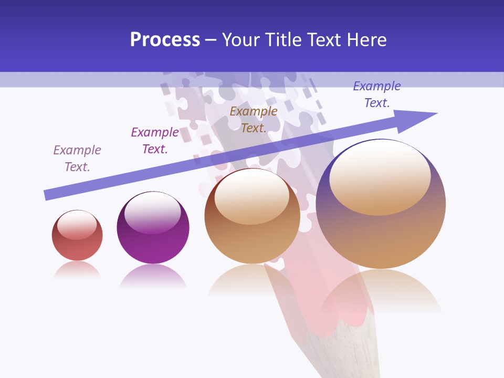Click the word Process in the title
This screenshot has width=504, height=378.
point(165,40)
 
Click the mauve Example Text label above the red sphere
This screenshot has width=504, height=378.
point(77,159)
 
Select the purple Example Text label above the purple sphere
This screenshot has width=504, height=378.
point(154,141)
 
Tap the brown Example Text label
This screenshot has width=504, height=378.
point(254,119)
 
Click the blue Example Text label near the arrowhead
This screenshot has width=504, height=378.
point(377,94)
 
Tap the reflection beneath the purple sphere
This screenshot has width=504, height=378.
point(153,276)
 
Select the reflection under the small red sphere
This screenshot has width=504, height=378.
point(77,269)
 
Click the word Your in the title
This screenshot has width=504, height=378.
point(239,40)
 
